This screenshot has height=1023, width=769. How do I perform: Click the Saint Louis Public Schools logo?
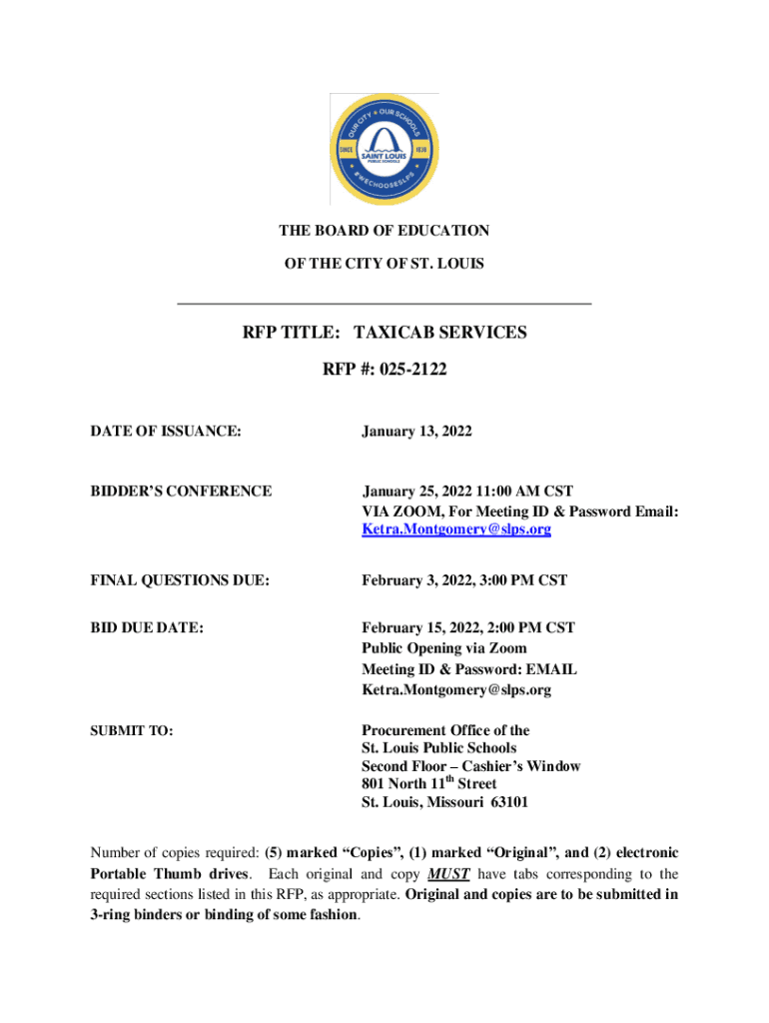(384, 149)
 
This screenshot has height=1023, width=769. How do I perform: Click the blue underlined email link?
(455, 529)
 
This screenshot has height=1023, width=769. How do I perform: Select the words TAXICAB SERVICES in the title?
(440, 332)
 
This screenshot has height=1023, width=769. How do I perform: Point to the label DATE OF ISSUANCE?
(165, 432)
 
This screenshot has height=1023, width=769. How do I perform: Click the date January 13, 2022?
(416, 432)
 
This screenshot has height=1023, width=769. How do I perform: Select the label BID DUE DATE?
(147, 627)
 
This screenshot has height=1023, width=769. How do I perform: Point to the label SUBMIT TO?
(132, 731)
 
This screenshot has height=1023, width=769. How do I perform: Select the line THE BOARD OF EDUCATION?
(384, 231)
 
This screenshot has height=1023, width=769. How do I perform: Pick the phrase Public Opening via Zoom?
(443, 648)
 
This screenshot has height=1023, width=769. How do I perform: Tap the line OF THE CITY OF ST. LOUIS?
(384, 264)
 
